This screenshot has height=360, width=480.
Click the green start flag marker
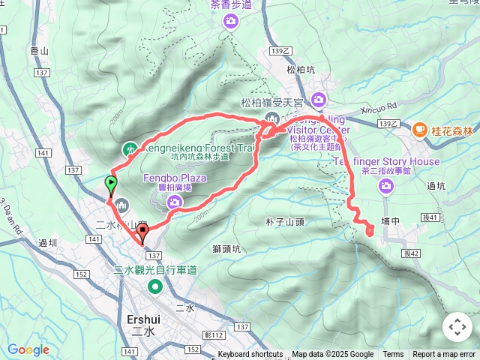tap(111, 184)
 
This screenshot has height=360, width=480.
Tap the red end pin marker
tap(143, 232)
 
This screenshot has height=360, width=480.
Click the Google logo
tap(28, 349)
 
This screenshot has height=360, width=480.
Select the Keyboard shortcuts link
tap(250, 355)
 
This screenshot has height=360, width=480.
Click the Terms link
tap(393, 355)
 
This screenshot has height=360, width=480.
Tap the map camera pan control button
tap(457, 327)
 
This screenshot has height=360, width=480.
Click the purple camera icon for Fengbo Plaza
tap(175, 201)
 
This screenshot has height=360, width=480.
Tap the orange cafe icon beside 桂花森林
tap(418, 130)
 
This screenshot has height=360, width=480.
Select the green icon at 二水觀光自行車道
tap(155, 286)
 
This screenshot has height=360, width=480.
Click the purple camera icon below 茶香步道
tap(230, 22)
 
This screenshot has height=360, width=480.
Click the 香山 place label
tap(39, 51)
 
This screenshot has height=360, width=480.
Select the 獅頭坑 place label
tap(226, 249)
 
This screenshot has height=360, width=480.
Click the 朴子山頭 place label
tap(284, 222)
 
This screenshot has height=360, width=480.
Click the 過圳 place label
tap(47, 242)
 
